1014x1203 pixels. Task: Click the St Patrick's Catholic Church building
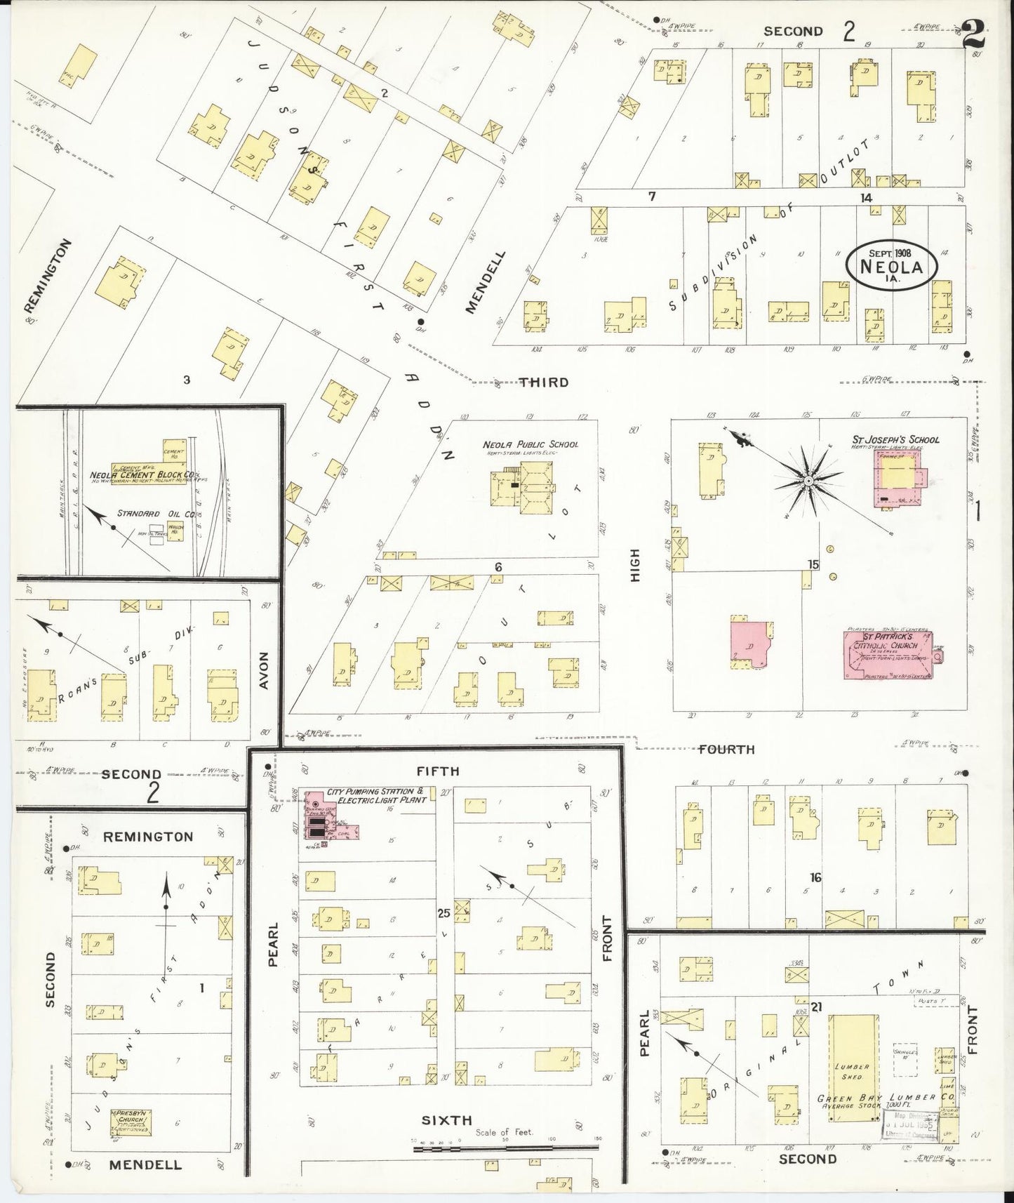pyautogui.click(x=888, y=656)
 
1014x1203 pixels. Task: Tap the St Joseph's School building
pyautogui.click(x=898, y=478)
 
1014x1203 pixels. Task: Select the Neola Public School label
pyautogui.click(x=530, y=445)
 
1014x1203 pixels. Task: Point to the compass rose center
pyautogui.click(x=808, y=481)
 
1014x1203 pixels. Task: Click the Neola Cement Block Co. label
pyautogui.click(x=144, y=475)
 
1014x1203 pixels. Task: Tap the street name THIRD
pyautogui.click(x=544, y=383)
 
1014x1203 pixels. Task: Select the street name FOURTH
pyautogui.click(x=726, y=750)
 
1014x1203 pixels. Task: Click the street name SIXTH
pyautogui.click(x=447, y=1120)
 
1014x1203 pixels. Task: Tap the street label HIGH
pyautogui.click(x=635, y=566)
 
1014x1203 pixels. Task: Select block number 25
pyautogui.click(x=443, y=913)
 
